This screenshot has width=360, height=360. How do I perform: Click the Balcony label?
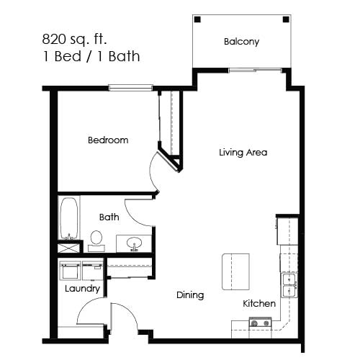pyautogui.click(x=241, y=42)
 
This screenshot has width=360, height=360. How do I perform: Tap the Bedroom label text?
pyautogui.click(x=108, y=140)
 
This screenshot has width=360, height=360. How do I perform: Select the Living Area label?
pyautogui.click(x=243, y=153)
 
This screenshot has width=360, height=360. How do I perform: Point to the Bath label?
pyautogui.click(x=109, y=216)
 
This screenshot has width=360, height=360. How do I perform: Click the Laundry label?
pyautogui.click(x=82, y=289)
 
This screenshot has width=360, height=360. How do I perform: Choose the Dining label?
pyautogui.click(x=190, y=294)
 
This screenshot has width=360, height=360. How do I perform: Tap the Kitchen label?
pyautogui.click(x=259, y=303)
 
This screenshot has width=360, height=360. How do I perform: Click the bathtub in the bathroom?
pyautogui.click(x=68, y=218)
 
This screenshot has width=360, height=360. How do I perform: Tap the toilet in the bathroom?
pyautogui.click(x=96, y=240)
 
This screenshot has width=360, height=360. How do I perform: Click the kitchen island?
pyautogui.click(x=235, y=271)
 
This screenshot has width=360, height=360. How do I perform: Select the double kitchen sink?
pyautogui.click(x=289, y=286)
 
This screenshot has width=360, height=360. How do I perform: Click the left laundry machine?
pyautogui.click(x=71, y=271)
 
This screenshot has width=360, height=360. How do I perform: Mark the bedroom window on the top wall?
pyautogui.click(x=133, y=88)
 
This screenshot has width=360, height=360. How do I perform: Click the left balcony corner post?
pyautogui.click(x=197, y=19)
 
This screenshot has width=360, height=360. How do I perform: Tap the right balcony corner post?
pyautogui.click(x=286, y=19)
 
